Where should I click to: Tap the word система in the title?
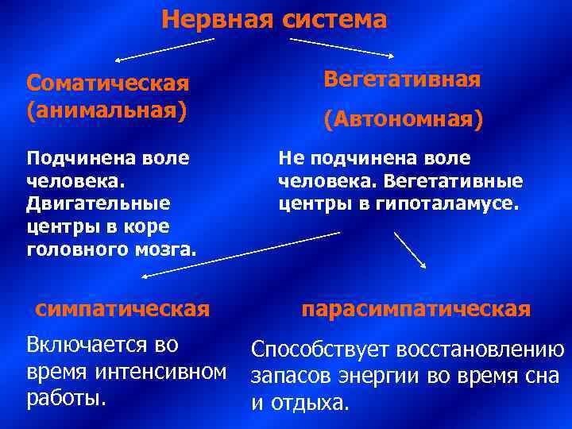pyautogui.click(x=334, y=19)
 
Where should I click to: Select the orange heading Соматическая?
pyautogui.click(x=107, y=83)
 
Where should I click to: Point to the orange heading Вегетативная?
pyautogui.click(x=402, y=79)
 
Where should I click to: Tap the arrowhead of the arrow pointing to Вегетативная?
pyautogui.click(x=391, y=56)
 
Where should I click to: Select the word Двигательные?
pyautogui.click(x=99, y=203)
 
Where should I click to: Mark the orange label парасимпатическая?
pyautogui.click(x=415, y=309)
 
